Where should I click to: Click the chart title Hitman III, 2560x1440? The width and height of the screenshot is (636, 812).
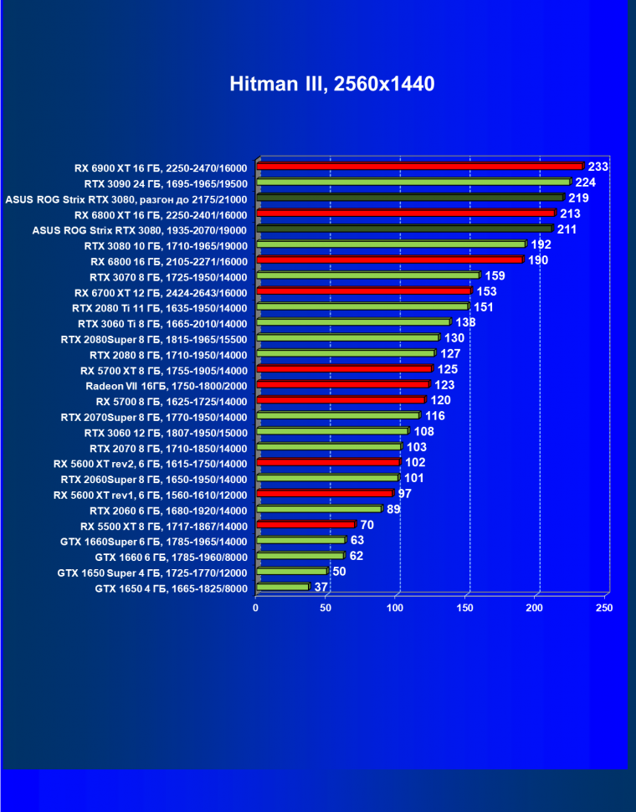(x=332, y=84)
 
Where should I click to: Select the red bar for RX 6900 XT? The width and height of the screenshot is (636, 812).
(x=418, y=166)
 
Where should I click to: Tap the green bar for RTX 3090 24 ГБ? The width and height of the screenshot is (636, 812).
(x=413, y=182)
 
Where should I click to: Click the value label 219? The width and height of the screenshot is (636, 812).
(x=578, y=198)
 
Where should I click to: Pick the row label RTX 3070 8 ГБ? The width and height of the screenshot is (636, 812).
(x=168, y=275)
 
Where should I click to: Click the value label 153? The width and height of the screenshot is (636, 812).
(x=486, y=290)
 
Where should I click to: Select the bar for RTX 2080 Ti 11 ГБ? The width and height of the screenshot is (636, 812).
(x=362, y=306)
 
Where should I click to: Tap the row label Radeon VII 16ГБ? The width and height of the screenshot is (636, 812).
(x=167, y=385)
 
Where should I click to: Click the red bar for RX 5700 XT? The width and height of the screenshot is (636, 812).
(x=344, y=369)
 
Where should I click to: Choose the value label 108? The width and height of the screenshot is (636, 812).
(x=423, y=432)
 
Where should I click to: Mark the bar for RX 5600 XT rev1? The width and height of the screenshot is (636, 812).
(x=324, y=494)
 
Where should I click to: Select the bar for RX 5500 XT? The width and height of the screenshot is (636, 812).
(x=305, y=525)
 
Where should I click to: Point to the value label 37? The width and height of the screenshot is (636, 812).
(x=321, y=588)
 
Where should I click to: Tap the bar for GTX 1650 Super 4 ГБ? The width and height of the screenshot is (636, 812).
(x=290, y=572)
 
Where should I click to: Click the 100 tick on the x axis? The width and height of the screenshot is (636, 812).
(x=396, y=608)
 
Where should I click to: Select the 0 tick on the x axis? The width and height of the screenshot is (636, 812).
(x=256, y=608)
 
